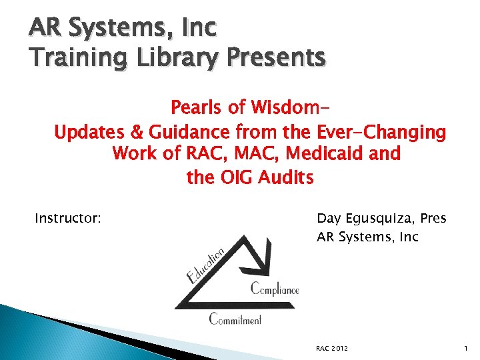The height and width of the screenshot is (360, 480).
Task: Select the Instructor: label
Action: tap(68, 218)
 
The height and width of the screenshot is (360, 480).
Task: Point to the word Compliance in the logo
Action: tap(274, 289)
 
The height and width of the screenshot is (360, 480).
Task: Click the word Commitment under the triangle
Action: tap(235, 319)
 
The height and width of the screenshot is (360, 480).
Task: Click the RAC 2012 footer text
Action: tap(332, 348)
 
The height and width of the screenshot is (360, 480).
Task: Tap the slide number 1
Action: tap(464, 348)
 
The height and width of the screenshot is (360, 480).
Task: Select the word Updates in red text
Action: tap(86, 132)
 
